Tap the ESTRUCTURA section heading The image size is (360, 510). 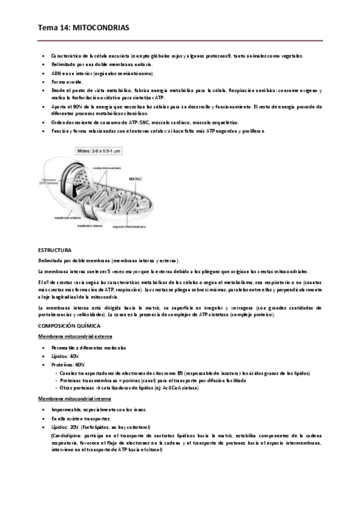tap(55, 250)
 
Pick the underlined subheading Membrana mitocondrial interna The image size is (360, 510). tap(71, 398)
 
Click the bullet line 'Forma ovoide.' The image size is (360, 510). tap(67, 81)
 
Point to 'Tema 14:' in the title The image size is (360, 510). tap(52, 28)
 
